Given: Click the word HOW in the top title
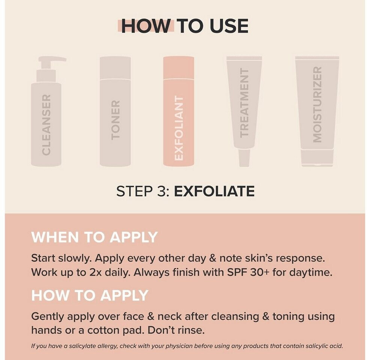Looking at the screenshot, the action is click(x=146, y=26).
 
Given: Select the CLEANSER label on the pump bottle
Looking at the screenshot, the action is click(x=46, y=124).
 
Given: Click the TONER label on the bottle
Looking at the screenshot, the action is click(x=115, y=120).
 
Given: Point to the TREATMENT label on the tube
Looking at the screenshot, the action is click(x=244, y=103).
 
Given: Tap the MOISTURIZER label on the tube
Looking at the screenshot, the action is click(x=317, y=105).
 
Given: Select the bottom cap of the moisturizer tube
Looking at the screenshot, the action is click(x=317, y=158).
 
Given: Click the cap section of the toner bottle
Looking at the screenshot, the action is click(x=115, y=68).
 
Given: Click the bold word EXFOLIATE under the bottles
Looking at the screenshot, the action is click(x=214, y=191).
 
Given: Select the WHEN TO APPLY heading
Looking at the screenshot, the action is click(x=94, y=237).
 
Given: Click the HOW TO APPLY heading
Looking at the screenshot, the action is click(x=90, y=295).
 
